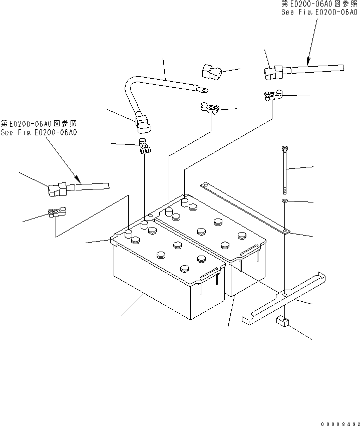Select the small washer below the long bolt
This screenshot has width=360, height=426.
284,201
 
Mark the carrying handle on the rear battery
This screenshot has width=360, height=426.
250,247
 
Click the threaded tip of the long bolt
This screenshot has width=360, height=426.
284,191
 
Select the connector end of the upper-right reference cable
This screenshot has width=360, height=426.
274,73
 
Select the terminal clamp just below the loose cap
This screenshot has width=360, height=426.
210,107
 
